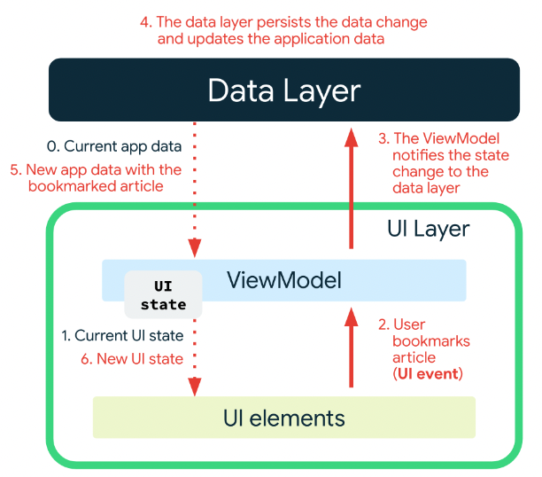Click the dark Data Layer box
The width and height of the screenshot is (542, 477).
(284, 90)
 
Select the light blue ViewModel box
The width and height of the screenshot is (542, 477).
(284, 280)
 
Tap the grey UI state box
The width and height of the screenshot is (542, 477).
(163, 295)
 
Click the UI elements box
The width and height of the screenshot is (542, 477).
(284, 418)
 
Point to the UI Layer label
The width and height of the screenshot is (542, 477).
(429, 229)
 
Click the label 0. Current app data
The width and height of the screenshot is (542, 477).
(114, 146)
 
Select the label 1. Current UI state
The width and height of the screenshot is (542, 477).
(122, 335)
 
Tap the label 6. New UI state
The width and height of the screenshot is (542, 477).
(132, 359)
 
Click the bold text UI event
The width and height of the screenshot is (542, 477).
(428, 374)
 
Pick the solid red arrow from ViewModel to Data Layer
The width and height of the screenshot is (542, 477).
(352, 188)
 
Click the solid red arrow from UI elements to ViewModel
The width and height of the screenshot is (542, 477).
(352, 348)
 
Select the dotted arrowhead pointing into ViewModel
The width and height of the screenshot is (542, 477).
(195, 248)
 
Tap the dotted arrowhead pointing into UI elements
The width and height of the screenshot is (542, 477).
(195, 387)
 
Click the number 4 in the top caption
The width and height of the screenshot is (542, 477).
(145, 22)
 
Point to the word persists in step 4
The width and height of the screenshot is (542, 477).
(284, 23)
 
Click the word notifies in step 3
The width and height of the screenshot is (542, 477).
(414, 155)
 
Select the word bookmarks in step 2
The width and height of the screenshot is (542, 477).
(431, 341)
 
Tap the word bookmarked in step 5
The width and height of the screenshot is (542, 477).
(73, 186)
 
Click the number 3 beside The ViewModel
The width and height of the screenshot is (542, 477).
(383, 138)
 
